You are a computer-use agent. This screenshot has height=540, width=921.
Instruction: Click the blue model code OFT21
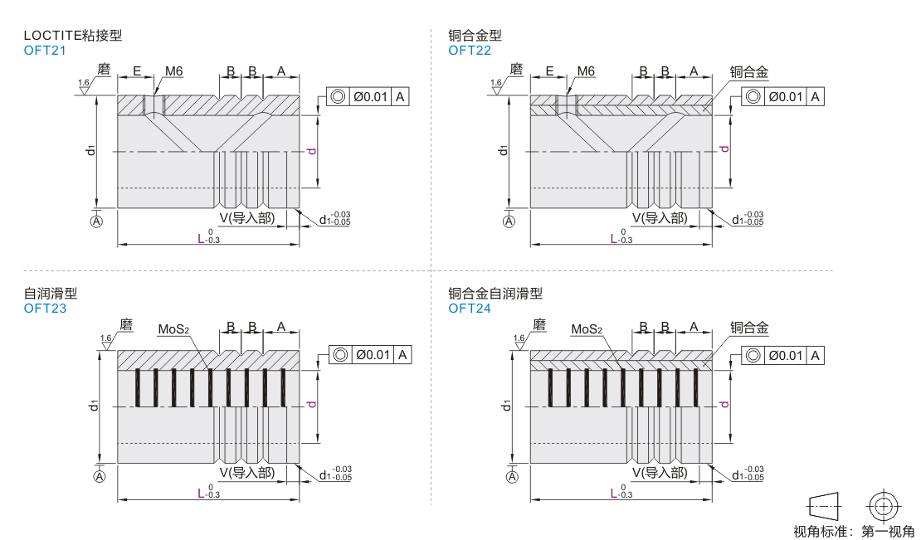pyautogui.click(x=45, y=50)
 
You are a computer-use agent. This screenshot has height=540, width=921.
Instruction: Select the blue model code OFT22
pyautogui.click(x=470, y=50)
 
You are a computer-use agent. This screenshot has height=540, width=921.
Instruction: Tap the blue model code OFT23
pyautogui.click(x=45, y=309)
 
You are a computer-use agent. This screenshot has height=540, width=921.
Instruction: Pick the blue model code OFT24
pyautogui.click(x=470, y=309)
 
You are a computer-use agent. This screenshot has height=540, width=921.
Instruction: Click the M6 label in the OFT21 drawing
pyautogui.click(x=173, y=71)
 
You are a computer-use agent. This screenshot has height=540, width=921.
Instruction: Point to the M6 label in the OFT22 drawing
pyautogui.click(x=586, y=71)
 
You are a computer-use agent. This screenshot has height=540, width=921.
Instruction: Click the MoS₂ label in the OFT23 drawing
pyautogui.click(x=174, y=330)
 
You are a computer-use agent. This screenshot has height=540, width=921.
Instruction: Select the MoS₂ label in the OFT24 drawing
pyautogui.click(x=587, y=330)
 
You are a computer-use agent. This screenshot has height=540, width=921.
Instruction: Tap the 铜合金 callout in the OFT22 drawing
pyautogui.click(x=749, y=72)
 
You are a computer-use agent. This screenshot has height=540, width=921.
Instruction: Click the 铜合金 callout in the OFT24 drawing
pyautogui.click(x=749, y=329)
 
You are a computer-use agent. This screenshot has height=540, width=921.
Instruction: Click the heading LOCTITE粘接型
pyautogui.click(x=73, y=36)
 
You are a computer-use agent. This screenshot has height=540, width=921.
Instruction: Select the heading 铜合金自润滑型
pyautogui.click(x=495, y=294)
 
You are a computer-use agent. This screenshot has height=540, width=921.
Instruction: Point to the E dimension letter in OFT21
pyautogui.click(x=136, y=71)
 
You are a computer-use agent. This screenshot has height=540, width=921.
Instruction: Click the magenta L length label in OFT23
pyautogui.click(x=201, y=493)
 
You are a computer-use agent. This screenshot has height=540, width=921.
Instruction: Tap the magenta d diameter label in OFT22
pyautogui.click(x=724, y=149)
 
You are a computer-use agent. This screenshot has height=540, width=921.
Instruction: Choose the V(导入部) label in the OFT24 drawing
pyautogui.click(x=660, y=473)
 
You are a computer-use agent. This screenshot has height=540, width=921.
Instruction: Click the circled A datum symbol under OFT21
pyautogui.click(x=97, y=221)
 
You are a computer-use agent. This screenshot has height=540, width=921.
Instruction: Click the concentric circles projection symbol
pyautogui.click(x=882, y=505)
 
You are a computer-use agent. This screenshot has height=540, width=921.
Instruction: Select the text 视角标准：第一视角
pyautogui.click(x=854, y=531)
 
